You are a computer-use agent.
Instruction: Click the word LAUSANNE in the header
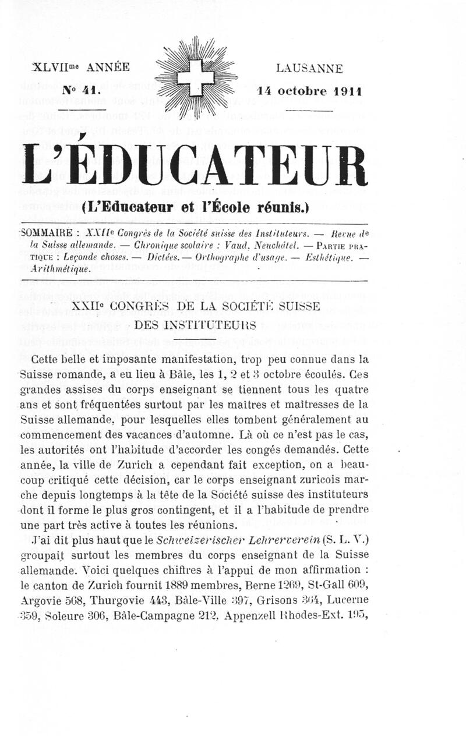(x=309, y=68)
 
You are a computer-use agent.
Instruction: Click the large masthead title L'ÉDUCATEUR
(x=196, y=165)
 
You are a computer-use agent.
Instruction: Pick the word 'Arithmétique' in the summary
(x=57, y=269)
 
